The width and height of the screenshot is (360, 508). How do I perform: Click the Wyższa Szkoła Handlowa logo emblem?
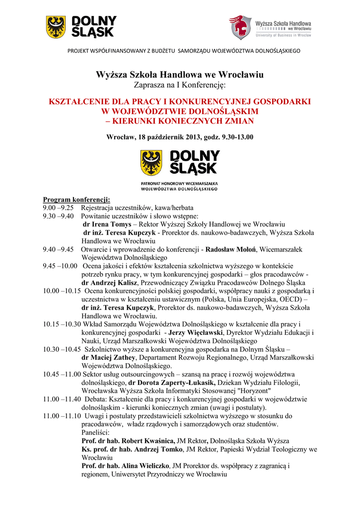tap(240, 27)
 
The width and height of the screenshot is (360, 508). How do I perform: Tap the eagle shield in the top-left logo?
tap(56, 27)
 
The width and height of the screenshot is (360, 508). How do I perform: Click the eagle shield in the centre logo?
tap(151, 163)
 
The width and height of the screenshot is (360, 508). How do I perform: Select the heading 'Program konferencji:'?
tap(73, 199)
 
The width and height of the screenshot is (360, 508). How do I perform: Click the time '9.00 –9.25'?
tap(58, 208)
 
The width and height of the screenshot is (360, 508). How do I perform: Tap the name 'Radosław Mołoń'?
tap(234, 249)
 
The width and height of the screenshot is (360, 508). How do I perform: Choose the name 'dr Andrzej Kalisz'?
tap(109, 282)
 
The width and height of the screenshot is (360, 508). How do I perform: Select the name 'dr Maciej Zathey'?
tap(108, 357)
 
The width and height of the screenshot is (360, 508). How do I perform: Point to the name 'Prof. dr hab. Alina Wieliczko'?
tap(126, 466)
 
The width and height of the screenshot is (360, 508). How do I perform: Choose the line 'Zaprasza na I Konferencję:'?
tap(180, 85)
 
